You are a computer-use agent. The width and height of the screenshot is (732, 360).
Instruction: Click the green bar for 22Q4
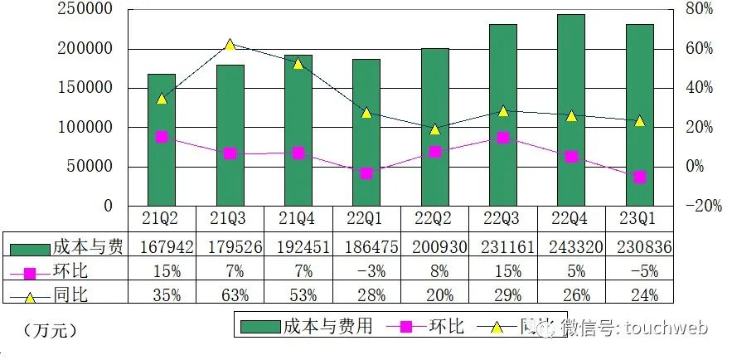571,110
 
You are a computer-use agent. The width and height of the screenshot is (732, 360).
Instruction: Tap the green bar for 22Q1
366,133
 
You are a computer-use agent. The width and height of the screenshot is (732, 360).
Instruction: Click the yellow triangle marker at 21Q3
230,45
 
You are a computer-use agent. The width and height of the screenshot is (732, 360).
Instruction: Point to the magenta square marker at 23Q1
639,177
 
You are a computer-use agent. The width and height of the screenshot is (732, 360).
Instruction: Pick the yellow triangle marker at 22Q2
435,129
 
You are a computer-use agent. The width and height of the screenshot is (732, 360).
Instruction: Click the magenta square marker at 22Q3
503,137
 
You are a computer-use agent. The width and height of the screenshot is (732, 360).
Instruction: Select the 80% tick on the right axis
698,9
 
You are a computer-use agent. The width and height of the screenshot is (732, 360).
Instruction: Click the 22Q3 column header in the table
502,219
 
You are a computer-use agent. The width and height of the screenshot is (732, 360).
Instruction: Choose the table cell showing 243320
570,247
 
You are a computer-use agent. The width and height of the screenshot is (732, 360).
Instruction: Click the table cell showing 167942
162,247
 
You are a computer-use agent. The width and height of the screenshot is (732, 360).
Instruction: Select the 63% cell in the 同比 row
230,294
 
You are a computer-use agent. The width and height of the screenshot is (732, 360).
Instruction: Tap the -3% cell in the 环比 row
366,270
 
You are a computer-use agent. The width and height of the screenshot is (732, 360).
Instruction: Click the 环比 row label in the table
67,270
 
